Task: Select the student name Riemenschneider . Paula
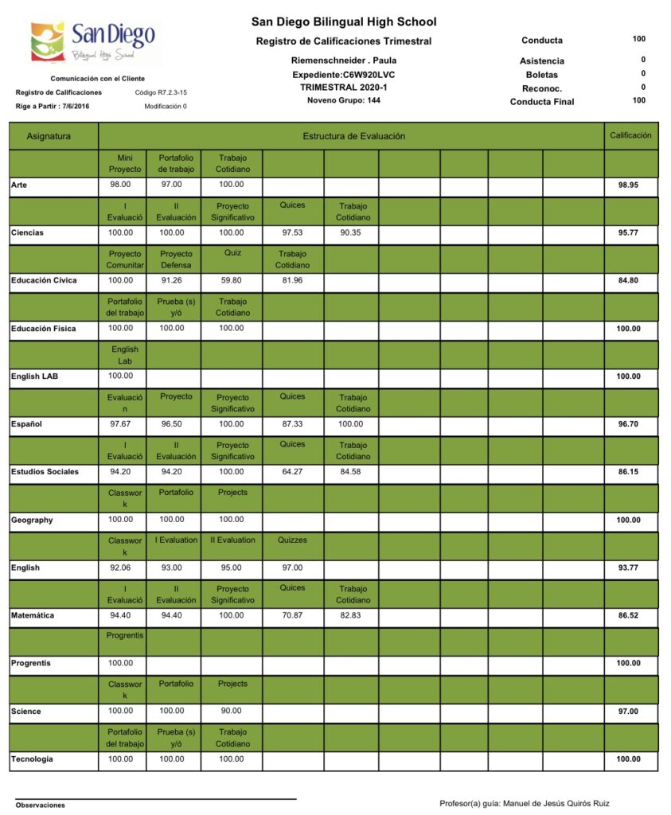[344, 60]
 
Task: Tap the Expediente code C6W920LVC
[344, 74]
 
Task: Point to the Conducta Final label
[541, 101]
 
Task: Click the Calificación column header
[630, 135]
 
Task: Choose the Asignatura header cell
[49, 136]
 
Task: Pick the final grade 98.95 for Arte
[629, 185]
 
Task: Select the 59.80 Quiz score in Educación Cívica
[231, 280]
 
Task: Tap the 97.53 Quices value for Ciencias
[292, 232]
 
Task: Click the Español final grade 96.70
[629, 424]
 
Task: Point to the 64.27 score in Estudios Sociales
[292, 471]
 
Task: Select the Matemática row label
[33, 615]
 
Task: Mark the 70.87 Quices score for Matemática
[292, 614]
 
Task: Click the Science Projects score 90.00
[231, 711]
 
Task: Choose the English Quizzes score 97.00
[292, 567]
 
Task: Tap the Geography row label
[32, 520]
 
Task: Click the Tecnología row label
[32, 758]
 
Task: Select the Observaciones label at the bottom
[40, 805]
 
